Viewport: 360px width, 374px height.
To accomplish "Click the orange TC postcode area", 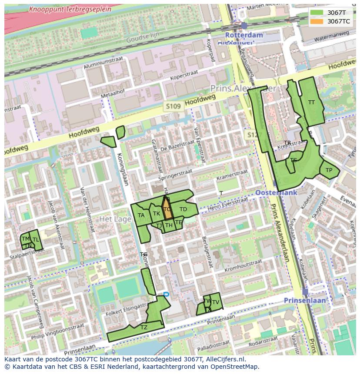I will pyautogui.click(x=167, y=210).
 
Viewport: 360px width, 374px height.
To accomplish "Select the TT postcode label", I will pyautogui.click(x=311, y=103).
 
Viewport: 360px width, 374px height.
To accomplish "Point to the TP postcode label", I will pyautogui.click(x=329, y=170).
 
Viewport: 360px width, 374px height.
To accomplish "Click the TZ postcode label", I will pyautogui.click(x=144, y=328).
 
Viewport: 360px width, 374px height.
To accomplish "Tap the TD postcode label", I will pyautogui.click(x=183, y=209).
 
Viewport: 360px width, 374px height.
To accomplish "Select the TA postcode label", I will pyautogui.click(x=141, y=215).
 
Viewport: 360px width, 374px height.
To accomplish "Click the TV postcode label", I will pyautogui.click(x=215, y=302).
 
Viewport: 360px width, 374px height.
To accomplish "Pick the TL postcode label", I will pyautogui.click(x=36, y=240).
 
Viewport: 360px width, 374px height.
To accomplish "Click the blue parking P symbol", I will pyautogui.click(x=166, y=295).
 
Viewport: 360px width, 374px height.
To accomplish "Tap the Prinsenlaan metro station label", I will pyautogui.click(x=305, y=300).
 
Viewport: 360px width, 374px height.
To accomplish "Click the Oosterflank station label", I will pyautogui.click(x=276, y=192).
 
